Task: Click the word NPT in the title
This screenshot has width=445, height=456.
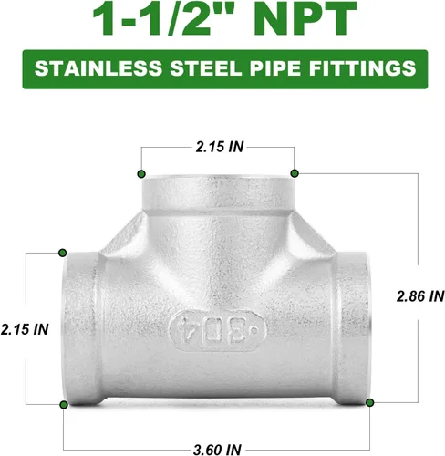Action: coord(305,18)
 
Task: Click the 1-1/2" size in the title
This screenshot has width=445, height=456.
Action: coord(164,18)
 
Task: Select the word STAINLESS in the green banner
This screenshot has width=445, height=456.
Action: coord(98,68)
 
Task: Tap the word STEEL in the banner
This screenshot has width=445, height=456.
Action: coord(205,68)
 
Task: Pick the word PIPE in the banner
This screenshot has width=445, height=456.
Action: coord(275,68)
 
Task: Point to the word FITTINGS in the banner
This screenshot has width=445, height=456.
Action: coord(363,68)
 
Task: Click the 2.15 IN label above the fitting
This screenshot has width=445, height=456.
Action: coord(220,147)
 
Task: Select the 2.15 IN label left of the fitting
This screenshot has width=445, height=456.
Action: coord(25,329)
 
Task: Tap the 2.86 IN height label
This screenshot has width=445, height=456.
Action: coord(420,296)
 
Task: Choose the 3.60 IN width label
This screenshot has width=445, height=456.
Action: coord(217,450)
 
